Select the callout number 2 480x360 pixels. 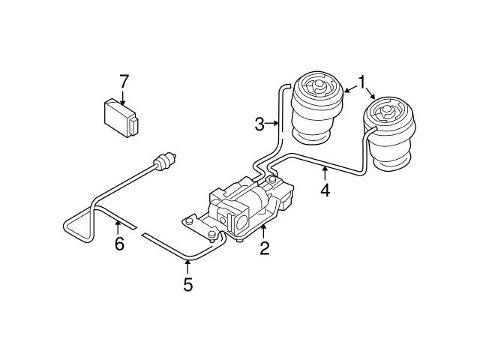click(x=264, y=248)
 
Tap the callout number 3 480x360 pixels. click(x=259, y=124)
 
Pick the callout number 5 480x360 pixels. click(x=187, y=284)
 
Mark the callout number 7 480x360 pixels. click(x=124, y=80)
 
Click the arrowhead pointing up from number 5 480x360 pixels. click(x=187, y=262)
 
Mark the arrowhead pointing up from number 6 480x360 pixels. click(x=118, y=223)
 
